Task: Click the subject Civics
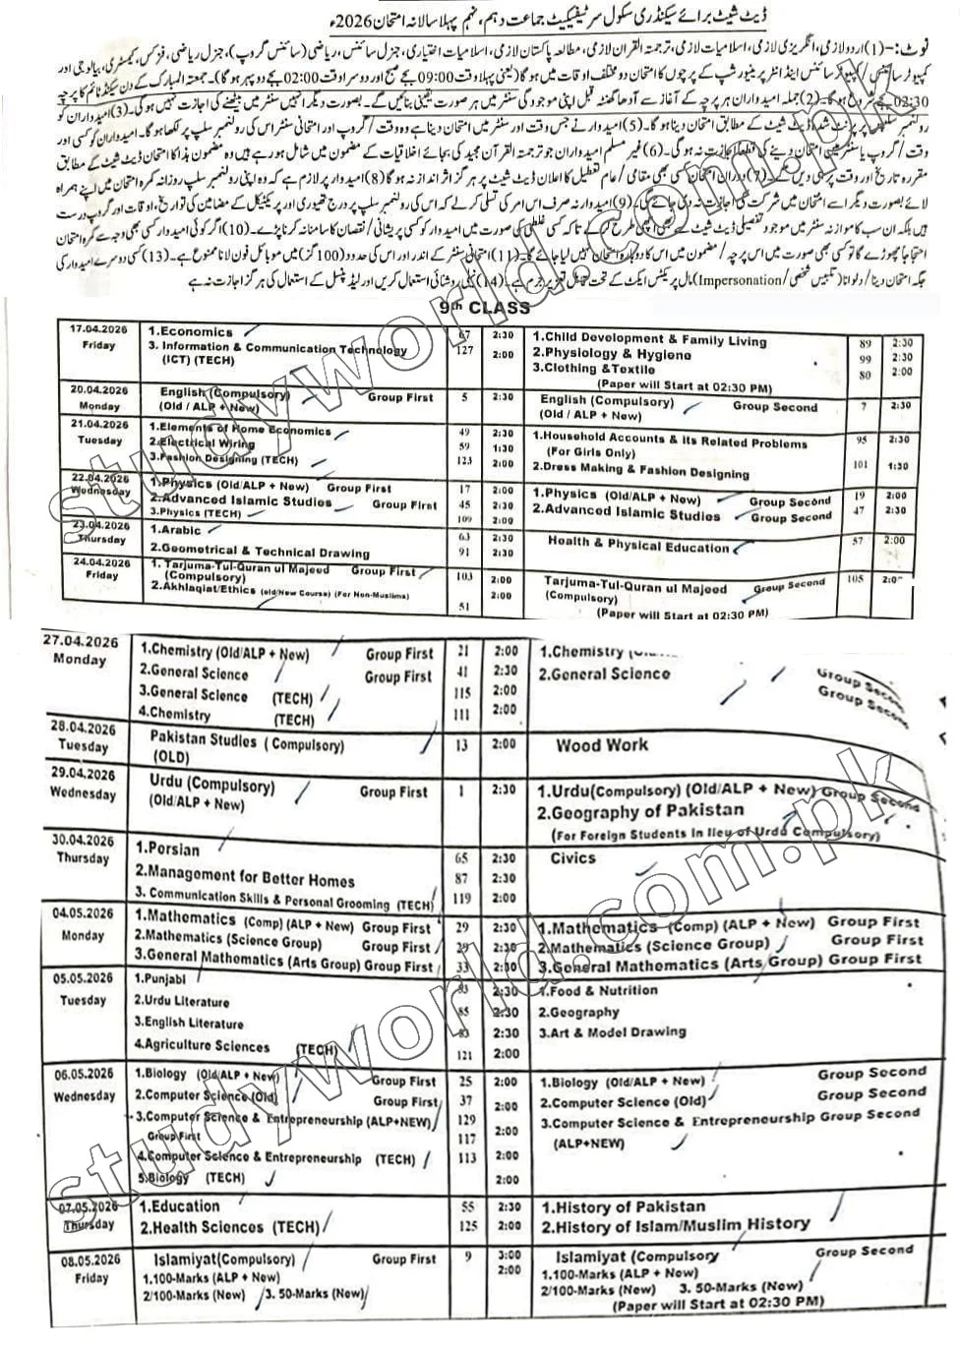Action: point(572,858)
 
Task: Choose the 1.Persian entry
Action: point(168,850)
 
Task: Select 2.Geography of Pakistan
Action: point(640,812)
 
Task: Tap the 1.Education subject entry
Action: point(180,1206)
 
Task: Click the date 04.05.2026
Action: point(85,913)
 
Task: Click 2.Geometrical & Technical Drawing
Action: point(260,552)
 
